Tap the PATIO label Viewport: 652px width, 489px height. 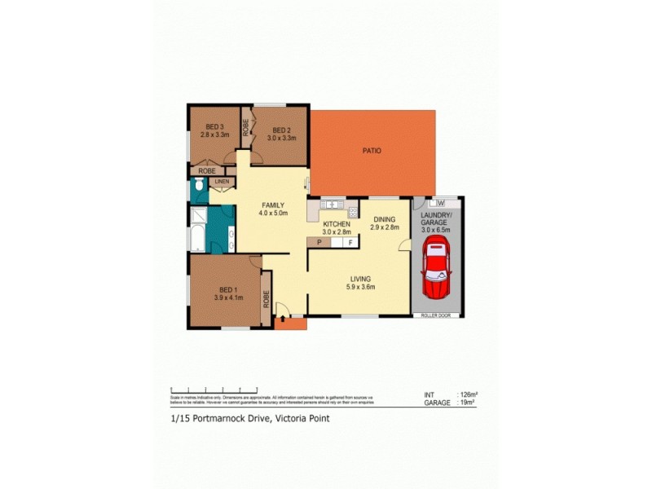pos(372,151)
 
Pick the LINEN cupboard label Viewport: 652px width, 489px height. pos(221,182)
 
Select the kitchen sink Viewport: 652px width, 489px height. pos(331,204)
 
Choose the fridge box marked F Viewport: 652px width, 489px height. pos(350,242)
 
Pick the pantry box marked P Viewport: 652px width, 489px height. pos(319,242)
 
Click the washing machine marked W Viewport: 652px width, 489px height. pos(439,202)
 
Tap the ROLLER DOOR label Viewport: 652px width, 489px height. pos(438,315)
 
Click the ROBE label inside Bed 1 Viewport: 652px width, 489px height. pos(266,300)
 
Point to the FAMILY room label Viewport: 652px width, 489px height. pos(272,205)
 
